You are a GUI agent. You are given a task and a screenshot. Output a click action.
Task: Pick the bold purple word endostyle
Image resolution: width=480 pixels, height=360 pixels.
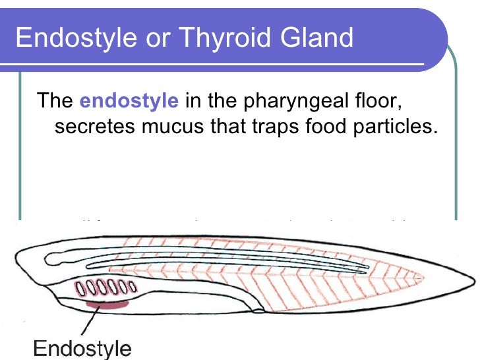pos(129,102)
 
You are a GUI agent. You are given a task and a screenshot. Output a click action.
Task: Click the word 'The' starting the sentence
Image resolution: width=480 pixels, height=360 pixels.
pos(55,102)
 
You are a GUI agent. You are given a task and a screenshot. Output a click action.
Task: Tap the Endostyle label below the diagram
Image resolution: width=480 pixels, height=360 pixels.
pos(82,347)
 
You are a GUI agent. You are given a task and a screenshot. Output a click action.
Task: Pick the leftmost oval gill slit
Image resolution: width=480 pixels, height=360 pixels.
pos(80,288)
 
